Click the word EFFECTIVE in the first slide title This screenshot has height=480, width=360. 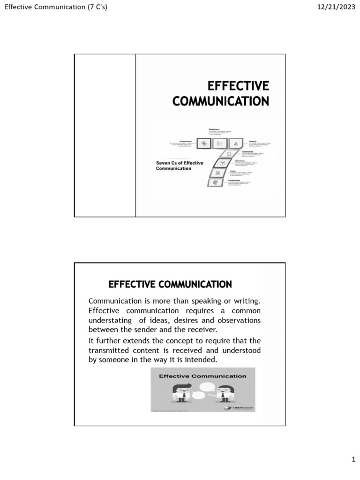click(x=238, y=86)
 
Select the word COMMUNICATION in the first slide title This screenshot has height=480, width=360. click(x=221, y=101)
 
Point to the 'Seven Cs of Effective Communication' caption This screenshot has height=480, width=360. click(x=180, y=165)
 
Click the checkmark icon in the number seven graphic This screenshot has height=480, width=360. click(x=223, y=163)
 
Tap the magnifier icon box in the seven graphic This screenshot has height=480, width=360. click(x=218, y=173)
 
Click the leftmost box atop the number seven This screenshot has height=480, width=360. click(x=204, y=144)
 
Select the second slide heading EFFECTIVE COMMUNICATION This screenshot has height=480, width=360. click(x=170, y=284)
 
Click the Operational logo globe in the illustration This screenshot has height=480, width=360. click(x=227, y=408)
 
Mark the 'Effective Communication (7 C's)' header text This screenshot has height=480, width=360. click(x=56, y=7)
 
